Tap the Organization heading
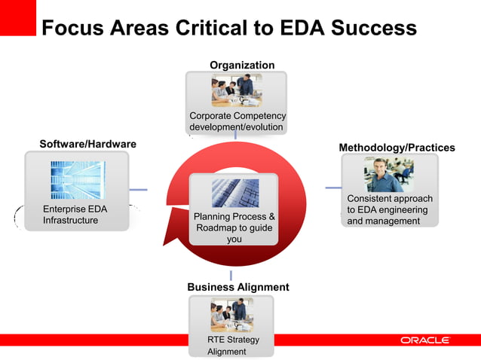click(242, 66)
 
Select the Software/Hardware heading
click(87, 143)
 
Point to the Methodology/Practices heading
click(397, 148)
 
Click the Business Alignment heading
click(237, 287)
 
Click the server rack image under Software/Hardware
click(77, 179)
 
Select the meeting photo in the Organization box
click(236, 90)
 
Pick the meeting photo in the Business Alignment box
click(231, 315)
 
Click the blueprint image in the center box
click(234, 193)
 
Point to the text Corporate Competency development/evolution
click(237, 121)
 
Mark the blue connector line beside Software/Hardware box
click(137, 190)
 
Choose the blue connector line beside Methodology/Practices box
click(332, 188)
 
